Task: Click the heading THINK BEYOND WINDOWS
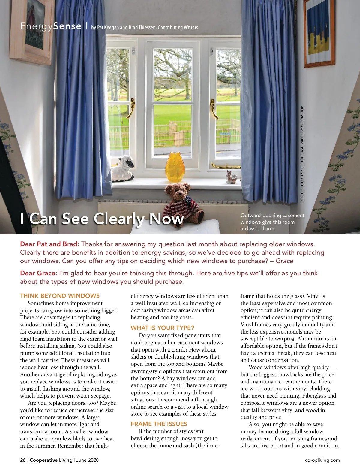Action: (x=60, y=296)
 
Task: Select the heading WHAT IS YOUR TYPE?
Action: (x=162, y=328)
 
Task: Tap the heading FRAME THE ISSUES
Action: (x=159, y=424)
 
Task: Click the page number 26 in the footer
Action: (x=23, y=460)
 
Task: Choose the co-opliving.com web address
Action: (x=322, y=460)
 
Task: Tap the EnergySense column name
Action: (x=51, y=26)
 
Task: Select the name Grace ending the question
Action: (x=284, y=261)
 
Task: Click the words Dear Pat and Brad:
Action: (x=49, y=244)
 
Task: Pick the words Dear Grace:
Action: (x=38, y=273)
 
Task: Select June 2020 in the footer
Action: (x=87, y=460)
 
